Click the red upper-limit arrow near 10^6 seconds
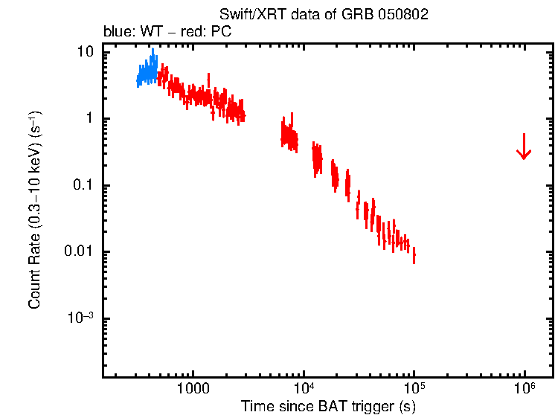tap(524, 147)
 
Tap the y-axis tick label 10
tap(86, 52)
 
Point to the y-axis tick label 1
tap(89, 119)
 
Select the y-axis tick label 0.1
tap(83, 185)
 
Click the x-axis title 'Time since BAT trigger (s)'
tap(328, 406)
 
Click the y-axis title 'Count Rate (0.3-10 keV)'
tap(35, 215)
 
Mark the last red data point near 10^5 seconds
tap(414, 255)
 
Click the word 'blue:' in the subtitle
tap(118, 33)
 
